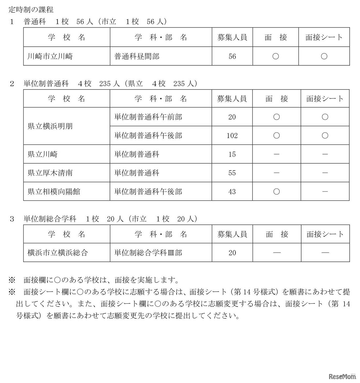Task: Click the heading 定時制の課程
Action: [31, 10]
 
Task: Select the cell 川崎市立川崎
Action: [50, 56]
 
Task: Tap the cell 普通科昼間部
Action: [137, 56]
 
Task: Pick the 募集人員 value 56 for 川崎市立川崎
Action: [232, 56]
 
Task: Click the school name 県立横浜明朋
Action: [50, 126]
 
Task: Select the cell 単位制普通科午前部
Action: [148, 117]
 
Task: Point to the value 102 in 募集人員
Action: [232, 136]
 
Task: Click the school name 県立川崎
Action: [42, 154]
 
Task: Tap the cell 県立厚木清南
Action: [50, 173]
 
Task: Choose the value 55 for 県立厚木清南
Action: [232, 173]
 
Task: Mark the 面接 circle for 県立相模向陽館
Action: [276, 191]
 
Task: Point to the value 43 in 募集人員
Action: [232, 191]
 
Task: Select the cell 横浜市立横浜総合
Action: [58, 253]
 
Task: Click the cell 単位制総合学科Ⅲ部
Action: [148, 253]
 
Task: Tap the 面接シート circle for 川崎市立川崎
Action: [324, 56]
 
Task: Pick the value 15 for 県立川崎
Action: [232, 154]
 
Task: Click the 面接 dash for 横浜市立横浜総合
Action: [277, 253]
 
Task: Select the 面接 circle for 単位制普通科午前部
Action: [276, 117]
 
